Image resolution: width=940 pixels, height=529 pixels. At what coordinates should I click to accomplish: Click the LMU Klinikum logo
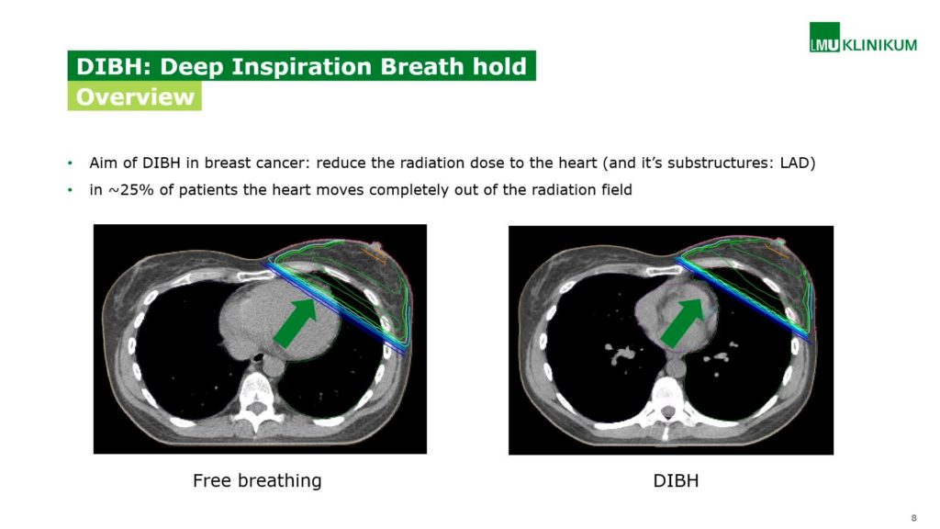[x=863, y=38]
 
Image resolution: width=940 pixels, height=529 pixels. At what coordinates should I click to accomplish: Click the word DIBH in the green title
[x=113, y=66]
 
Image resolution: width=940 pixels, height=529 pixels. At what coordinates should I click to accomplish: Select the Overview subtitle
[x=135, y=96]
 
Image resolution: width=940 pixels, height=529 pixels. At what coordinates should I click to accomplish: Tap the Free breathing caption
[x=257, y=480]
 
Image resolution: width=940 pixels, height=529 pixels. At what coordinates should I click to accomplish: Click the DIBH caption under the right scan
[x=676, y=480]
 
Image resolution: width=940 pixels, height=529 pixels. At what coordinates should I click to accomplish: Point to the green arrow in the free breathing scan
[x=296, y=322]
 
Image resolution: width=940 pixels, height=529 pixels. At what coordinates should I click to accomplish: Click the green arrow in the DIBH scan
[x=682, y=322]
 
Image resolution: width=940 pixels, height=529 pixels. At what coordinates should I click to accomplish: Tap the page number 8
[x=913, y=518]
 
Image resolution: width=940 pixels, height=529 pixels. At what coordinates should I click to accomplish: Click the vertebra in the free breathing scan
[x=257, y=398]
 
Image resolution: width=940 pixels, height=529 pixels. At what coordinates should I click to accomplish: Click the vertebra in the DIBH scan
[x=668, y=402]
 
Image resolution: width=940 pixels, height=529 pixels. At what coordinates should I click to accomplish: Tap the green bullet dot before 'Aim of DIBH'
[x=70, y=163]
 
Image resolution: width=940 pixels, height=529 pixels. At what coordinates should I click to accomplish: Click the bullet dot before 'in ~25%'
[x=70, y=190]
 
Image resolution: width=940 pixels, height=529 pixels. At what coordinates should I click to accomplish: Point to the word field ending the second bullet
[x=617, y=190]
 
